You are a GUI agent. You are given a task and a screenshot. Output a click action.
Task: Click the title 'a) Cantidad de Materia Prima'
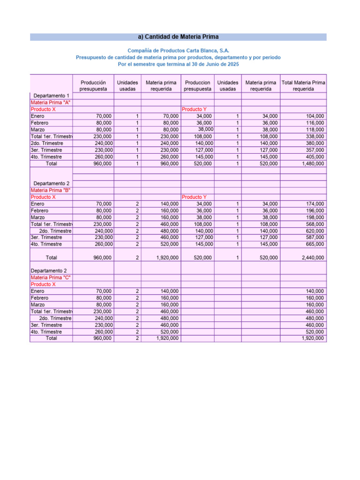click(x=178, y=37)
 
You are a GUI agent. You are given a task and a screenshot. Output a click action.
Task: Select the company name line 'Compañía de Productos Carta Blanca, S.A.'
click(x=178, y=50)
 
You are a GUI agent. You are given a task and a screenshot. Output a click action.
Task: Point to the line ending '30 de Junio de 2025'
click(x=178, y=64)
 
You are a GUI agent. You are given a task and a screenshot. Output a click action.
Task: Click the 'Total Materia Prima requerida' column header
click(x=303, y=85)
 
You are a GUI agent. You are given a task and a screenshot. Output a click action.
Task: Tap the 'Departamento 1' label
click(x=52, y=96)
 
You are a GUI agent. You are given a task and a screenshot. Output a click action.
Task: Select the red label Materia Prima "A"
click(x=51, y=102)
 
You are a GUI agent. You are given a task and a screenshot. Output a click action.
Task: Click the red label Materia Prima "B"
click(x=51, y=190)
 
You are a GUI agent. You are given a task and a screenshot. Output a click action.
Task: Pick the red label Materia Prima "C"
click(x=51, y=277)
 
